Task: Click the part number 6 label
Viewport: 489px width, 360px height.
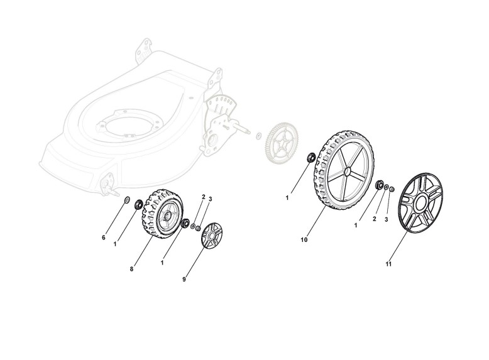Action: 104,237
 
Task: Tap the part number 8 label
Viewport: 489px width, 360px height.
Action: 131,269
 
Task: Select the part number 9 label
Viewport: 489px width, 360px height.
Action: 184,279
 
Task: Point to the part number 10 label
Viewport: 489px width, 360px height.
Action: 304,240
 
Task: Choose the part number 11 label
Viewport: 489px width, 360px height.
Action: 388,264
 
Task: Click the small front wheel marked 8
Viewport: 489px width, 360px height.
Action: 160,215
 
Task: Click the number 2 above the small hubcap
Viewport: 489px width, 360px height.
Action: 204,197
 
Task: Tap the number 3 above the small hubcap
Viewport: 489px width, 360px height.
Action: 210,199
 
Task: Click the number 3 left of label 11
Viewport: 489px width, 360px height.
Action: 387,219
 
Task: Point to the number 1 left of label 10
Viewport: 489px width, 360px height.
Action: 287,198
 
